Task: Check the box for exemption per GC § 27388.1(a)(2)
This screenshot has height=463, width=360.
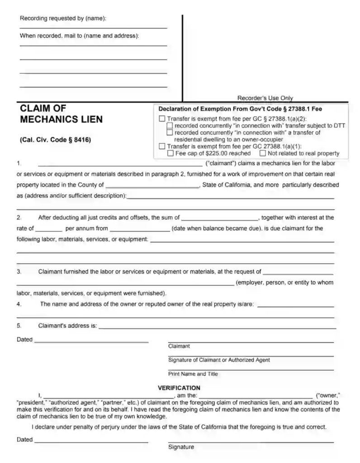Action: pos(162,119)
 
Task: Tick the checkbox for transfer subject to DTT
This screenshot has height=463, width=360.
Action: pos(170,126)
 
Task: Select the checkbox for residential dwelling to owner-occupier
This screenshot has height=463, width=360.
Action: pos(170,132)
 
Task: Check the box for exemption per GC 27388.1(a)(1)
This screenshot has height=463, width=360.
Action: pos(162,146)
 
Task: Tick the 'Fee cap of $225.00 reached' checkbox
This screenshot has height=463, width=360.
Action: pos(171,153)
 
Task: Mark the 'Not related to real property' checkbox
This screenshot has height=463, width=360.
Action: pos(263,153)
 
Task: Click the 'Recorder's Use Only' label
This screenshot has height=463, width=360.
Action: pos(265,98)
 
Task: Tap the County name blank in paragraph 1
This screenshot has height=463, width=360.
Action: pos(152,184)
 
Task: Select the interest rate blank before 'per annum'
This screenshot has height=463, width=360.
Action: pos(48,228)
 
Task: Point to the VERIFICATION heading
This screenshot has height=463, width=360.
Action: pos(179,387)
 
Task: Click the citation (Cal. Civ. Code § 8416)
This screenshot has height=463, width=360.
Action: pos(56,140)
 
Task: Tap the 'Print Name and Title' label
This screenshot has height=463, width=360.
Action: pos(193,374)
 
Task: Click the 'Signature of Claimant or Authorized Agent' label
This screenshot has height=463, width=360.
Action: pos(219,360)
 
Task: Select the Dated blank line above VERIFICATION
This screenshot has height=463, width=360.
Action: pos(91,340)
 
